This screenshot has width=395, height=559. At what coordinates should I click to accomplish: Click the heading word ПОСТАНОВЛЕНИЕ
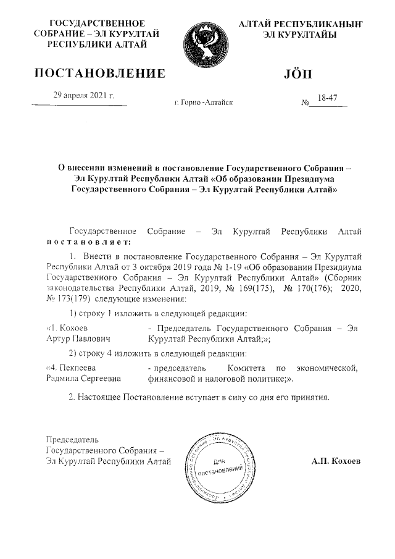99,75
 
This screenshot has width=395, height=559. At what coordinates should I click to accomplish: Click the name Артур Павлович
70,338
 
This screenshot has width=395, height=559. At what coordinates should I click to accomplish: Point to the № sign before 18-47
305,103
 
